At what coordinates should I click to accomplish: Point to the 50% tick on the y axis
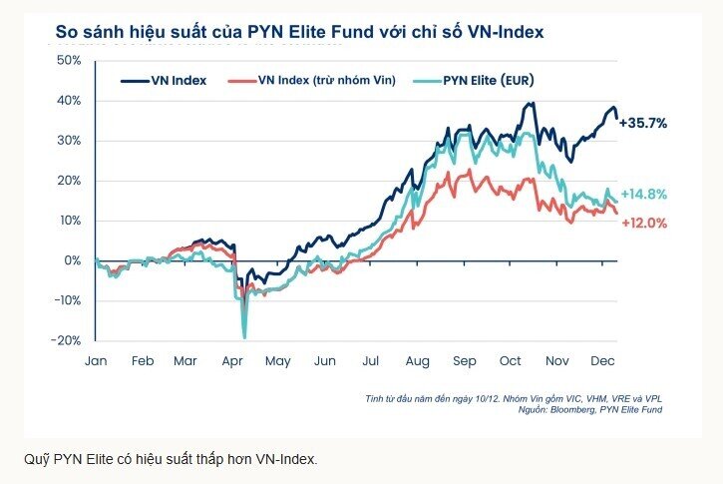pos(68,61)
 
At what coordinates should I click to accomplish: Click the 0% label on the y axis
pos(72,260)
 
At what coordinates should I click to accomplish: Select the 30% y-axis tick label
pos(68,141)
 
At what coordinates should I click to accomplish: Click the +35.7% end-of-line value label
pos(643,123)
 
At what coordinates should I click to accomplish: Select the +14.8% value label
pos(643,194)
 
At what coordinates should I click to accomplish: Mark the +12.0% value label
pos(643,223)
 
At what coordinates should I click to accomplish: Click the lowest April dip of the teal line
pos(243,336)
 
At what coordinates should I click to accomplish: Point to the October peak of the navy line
pos(532,103)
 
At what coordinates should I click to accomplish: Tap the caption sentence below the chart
pos(170,459)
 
